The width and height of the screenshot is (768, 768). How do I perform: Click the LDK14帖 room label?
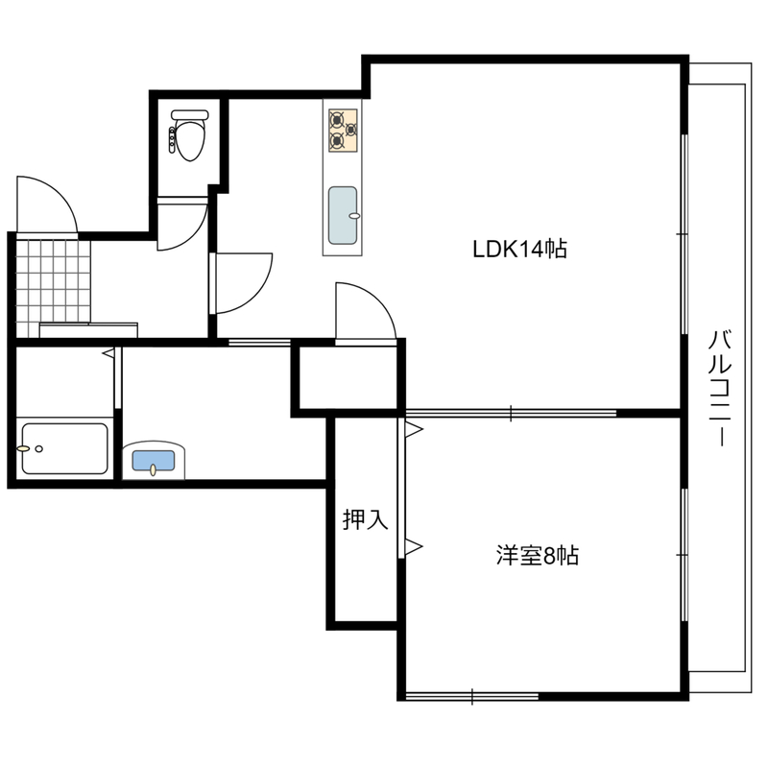click(519, 249)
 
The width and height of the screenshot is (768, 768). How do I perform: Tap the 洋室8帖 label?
click(538, 556)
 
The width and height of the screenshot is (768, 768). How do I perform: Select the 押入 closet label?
click(365, 519)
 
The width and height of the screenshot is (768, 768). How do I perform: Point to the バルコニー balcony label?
click(720, 389)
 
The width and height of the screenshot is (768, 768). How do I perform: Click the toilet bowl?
click(190, 140)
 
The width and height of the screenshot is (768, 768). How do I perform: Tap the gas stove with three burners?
click(343, 131)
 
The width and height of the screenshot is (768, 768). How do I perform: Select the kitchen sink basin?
click(343, 215)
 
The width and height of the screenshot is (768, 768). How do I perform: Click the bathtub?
click(64, 448)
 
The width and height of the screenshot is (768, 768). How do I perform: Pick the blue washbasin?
click(154, 461)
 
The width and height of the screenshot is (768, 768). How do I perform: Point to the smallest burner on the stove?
click(351, 130)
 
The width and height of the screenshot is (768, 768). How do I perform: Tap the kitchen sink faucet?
click(354, 215)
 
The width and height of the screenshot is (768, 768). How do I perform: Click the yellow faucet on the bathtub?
click(23, 448)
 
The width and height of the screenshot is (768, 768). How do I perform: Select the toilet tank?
click(190, 114)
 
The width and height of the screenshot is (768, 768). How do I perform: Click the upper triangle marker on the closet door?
click(415, 429)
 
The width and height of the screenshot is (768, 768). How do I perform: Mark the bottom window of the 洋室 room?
click(472, 696)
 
